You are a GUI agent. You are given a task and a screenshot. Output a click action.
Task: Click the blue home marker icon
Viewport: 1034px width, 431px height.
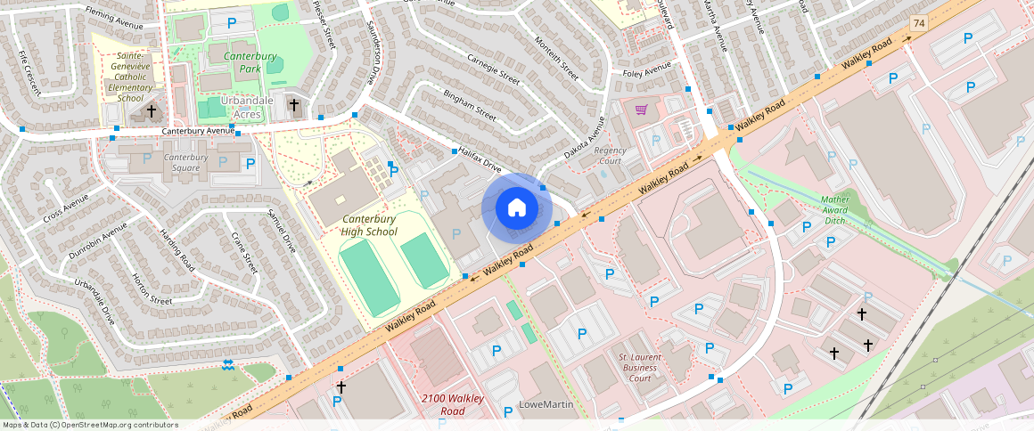[516, 208]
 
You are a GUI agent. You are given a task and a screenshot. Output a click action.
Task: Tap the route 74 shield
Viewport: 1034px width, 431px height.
[918, 21]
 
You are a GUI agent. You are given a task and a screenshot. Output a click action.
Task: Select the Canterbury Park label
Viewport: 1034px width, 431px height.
[249, 62]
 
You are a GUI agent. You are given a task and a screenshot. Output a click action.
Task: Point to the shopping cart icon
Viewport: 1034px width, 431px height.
[641, 110]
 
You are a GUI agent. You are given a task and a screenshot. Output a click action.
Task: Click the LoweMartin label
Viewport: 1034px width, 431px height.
[546, 405]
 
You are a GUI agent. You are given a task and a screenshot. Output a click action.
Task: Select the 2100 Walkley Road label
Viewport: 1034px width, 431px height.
[452, 404]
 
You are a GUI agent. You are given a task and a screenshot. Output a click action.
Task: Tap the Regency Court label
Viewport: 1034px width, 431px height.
[610, 156]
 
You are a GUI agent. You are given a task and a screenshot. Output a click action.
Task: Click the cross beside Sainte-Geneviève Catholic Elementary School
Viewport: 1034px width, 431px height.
[152, 111]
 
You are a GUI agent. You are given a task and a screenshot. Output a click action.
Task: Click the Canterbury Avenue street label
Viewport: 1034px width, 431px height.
[197, 132]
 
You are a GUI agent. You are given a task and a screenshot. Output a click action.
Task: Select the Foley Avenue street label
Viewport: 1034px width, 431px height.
[646, 71]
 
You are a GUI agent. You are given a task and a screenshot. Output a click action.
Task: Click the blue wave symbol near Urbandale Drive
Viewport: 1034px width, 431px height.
[227, 364]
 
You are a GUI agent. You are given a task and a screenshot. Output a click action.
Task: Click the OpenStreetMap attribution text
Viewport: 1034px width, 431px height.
[89, 425]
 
